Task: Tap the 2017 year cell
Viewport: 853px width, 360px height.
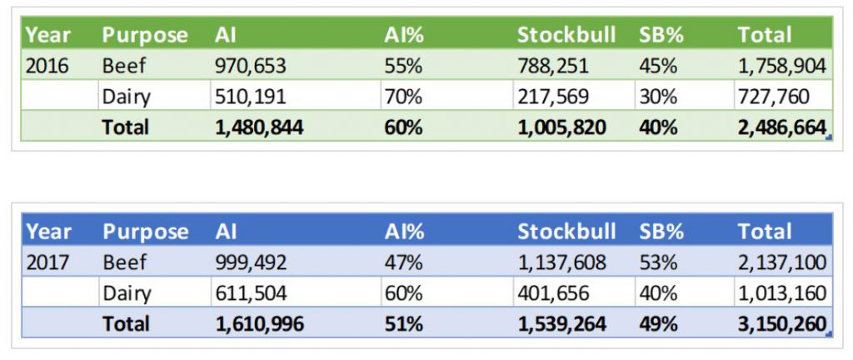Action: pos(47,263)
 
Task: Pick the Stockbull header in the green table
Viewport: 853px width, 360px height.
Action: pos(566,35)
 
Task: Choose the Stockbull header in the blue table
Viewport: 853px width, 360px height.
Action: pos(566,232)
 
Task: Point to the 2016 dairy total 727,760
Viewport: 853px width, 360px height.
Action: pos(772,97)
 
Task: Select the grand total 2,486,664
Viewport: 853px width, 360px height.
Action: pos(781,127)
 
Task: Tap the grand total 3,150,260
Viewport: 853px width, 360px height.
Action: pos(781,323)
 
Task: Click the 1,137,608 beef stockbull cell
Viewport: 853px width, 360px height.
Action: pos(562,263)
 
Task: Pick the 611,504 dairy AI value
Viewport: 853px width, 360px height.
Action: pos(250,293)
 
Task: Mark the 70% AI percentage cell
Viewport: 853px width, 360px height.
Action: pos(403,97)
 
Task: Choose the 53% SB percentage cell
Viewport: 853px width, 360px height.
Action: pos(658,263)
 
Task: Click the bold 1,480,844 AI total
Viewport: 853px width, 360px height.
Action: pos(259,127)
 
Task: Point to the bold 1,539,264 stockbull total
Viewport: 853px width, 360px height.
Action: pos(562,323)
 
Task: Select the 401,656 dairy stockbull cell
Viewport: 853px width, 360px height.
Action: pos(555,293)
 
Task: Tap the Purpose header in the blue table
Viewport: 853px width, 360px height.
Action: pos(145,232)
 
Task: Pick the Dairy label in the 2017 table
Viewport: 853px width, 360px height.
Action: pos(127,293)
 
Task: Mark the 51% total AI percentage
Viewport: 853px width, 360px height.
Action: pos(403,323)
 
